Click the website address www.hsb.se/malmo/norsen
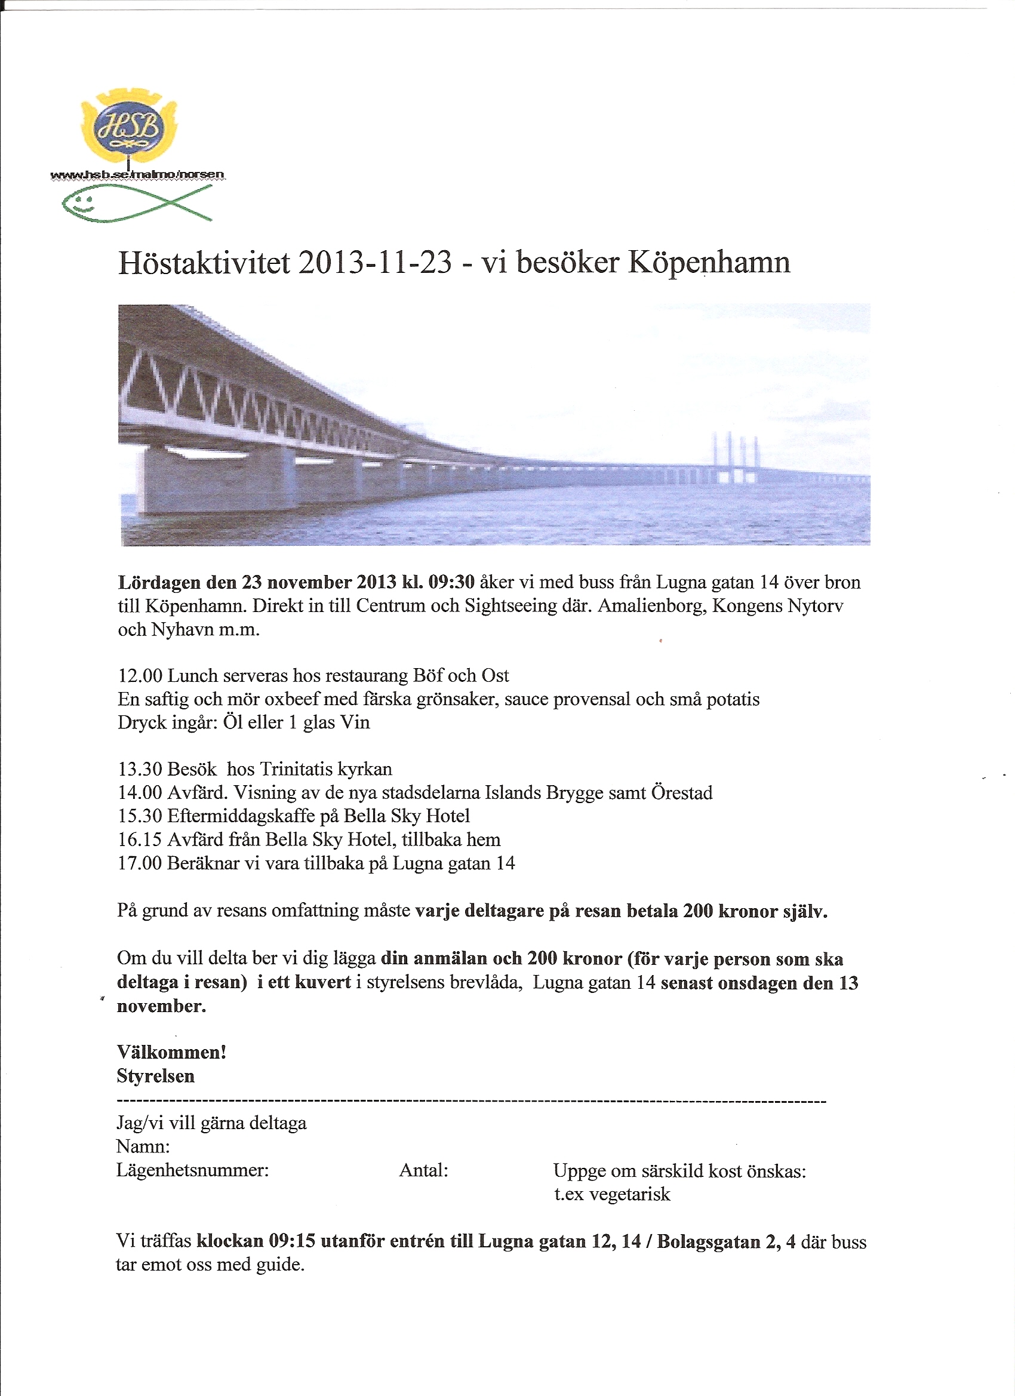(138, 175)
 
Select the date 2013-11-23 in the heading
(375, 263)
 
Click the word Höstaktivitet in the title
(204, 263)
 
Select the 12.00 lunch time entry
(140, 676)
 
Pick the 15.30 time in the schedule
(140, 816)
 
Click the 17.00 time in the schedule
(140, 863)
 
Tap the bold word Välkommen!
(172, 1052)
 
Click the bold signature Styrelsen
(156, 1076)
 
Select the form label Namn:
(143, 1146)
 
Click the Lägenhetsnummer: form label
(193, 1170)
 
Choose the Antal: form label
(423, 1170)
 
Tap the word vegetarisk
(630, 1194)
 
